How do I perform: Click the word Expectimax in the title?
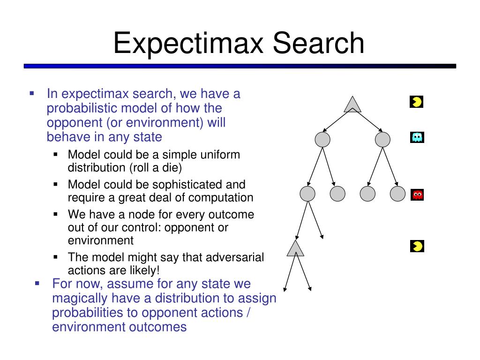pos(188,44)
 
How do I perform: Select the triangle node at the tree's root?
pos(352,105)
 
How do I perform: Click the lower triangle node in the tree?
pos(295,248)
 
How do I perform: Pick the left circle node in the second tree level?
pos(322,140)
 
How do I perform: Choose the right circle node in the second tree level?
pos(382,140)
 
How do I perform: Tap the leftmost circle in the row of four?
pos(307,194)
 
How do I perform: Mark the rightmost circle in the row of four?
pos(397,194)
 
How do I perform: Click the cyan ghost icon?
pos(417,137)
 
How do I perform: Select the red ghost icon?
pos(417,195)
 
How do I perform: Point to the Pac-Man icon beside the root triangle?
pos(417,102)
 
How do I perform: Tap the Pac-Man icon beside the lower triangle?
pos(417,246)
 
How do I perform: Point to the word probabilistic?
pos(81,108)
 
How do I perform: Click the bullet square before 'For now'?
pos(37,284)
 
